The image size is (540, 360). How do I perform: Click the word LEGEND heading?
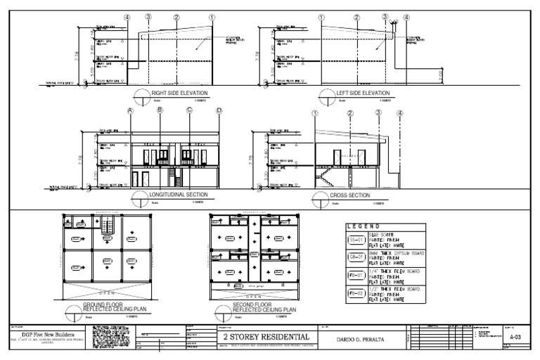[x=363, y=226]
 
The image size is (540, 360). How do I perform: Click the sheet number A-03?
[x=516, y=337]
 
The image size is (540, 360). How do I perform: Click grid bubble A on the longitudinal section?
[x=131, y=110]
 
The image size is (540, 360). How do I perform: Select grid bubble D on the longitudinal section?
[x=219, y=110]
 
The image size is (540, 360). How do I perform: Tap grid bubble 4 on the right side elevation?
[x=127, y=17]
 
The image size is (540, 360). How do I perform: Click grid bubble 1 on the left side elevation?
[x=321, y=17]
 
